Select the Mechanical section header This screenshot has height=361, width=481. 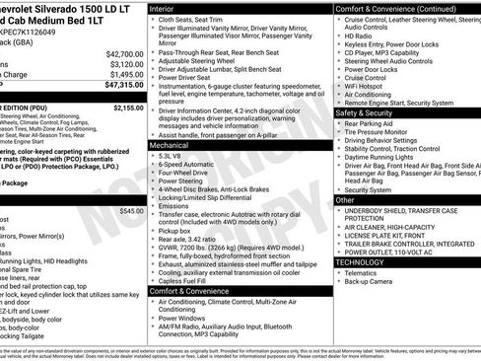click(x=172, y=144)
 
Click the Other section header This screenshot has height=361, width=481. click(x=345, y=199)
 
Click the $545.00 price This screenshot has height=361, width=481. click(x=130, y=211)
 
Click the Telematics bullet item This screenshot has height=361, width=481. click(x=365, y=273)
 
